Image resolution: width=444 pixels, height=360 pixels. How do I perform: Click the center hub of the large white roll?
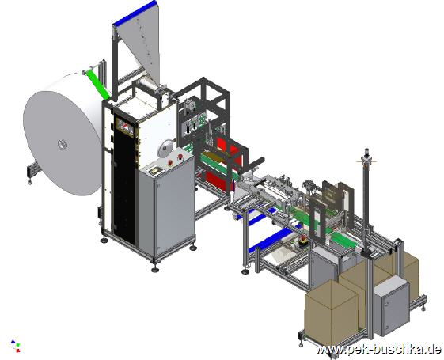63,144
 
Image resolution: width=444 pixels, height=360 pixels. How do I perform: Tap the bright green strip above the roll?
98,84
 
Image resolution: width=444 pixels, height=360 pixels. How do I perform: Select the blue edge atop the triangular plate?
135,13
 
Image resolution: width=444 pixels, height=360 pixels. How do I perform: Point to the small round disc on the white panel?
165,148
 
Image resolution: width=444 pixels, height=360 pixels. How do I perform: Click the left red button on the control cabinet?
170,162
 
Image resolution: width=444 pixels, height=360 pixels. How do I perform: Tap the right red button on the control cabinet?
180,157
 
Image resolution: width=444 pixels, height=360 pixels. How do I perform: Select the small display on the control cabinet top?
155,170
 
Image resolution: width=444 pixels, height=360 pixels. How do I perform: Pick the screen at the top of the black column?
124,127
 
